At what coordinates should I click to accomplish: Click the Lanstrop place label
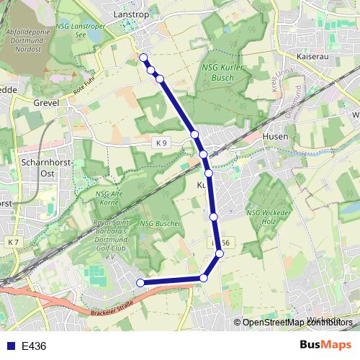pyautogui.click(x=130, y=14)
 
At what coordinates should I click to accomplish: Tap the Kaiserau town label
pyautogui.click(x=313, y=55)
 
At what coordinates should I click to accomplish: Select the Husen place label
pyautogui.click(x=276, y=136)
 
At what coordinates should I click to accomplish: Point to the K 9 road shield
pyautogui.click(x=161, y=143)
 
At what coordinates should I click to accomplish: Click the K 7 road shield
pyautogui.click(x=14, y=243)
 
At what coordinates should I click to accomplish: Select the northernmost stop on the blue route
pyautogui.click(x=143, y=58)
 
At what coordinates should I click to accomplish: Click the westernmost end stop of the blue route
pyautogui.click(x=140, y=283)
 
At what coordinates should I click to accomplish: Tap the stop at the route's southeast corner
pyautogui.click(x=204, y=278)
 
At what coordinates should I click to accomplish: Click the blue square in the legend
pyautogui.click(x=12, y=346)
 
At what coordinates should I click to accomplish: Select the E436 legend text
pyautogui.click(x=34, y=346)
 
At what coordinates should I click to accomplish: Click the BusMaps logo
pyautogui.click(x=325, y=345)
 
